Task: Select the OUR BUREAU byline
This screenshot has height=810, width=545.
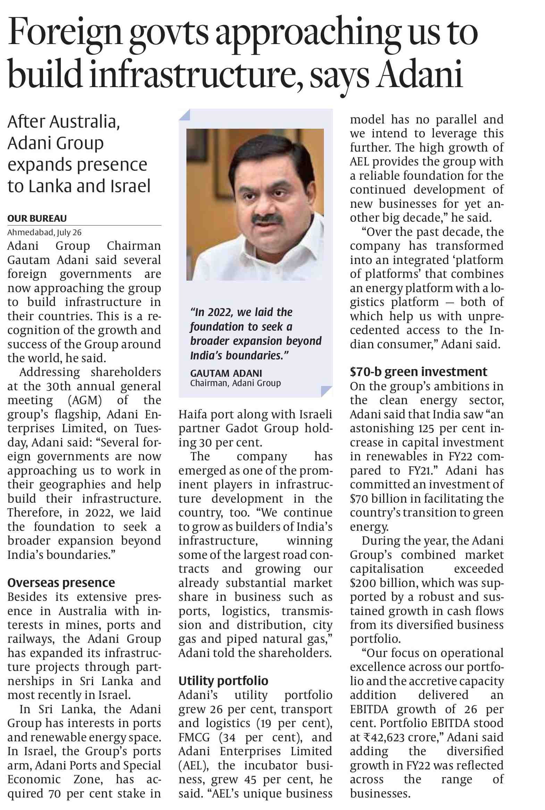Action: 37,219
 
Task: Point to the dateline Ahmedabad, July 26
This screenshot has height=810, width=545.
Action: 44,232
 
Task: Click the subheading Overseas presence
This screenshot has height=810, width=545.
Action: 61,582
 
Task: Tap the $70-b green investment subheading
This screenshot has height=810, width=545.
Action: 419,372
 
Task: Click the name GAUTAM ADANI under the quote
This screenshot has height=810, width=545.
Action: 226,373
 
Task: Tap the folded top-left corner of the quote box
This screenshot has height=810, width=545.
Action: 184,114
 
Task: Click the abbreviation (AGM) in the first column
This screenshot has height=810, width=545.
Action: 86,400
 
